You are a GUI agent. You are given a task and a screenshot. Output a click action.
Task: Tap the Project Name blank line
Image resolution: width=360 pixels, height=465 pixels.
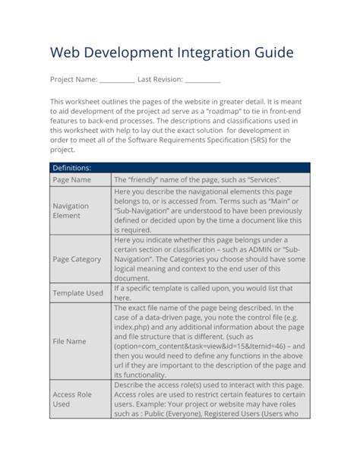click(117, 80)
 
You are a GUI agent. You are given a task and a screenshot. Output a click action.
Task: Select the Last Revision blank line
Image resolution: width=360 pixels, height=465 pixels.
click(203, 80)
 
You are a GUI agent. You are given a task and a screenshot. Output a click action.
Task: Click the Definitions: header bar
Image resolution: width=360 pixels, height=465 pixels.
click(180, 167)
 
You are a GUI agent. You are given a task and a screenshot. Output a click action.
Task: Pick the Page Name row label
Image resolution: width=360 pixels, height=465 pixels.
click(72, 180)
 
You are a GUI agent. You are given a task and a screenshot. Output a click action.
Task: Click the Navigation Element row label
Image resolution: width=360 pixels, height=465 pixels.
click(71, 210)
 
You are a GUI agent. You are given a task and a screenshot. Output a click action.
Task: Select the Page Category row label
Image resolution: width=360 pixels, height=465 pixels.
click(77, 259)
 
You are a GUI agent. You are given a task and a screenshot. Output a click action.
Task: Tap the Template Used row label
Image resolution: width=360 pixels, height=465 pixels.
click(77, 293)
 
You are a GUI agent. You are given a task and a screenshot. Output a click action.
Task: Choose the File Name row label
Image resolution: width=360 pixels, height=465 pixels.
click(69, 341)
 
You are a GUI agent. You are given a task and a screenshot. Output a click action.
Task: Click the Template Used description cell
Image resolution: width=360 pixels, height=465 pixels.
click(210, 293)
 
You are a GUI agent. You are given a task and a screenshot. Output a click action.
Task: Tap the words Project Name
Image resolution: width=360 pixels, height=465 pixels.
click(74, 79)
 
